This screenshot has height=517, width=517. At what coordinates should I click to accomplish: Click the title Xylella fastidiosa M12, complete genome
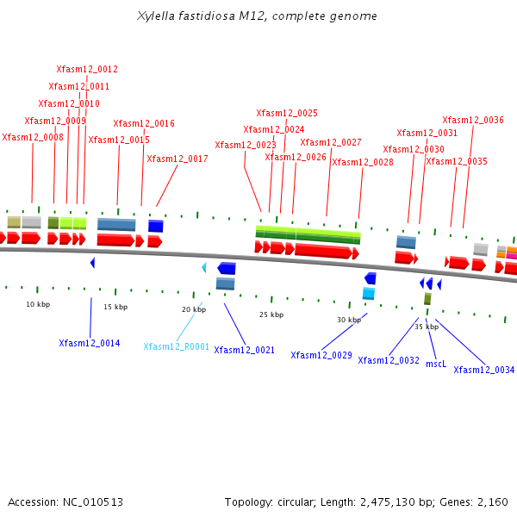pos(257,16)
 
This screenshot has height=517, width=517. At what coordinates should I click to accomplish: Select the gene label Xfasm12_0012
pos(87,69)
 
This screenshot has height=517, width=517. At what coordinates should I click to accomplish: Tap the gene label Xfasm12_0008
pos(33,137)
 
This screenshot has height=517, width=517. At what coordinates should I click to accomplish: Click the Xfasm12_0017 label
pos(178,159)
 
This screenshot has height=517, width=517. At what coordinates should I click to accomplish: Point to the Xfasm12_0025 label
pos(287,113)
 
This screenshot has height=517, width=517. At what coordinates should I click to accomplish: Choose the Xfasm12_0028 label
pos(363,162)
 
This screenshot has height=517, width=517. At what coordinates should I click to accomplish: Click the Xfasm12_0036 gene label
pos(473,120)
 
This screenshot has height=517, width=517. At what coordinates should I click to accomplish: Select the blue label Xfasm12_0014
pos(90,343)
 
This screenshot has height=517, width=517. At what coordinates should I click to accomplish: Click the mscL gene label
pos(436,364)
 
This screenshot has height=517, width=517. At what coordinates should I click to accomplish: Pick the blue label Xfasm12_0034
pos(484,370)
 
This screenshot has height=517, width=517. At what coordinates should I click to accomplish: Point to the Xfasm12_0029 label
pos(321,355)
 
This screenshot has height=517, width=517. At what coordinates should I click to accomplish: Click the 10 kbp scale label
pos(38,304)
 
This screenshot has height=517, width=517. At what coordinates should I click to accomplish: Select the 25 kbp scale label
pos(271,315)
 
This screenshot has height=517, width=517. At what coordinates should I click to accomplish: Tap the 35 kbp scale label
pos(427,327)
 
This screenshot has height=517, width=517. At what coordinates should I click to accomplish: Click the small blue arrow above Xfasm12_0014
pos(92,263)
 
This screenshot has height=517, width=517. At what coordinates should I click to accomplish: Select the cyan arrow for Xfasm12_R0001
pos(204,268)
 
